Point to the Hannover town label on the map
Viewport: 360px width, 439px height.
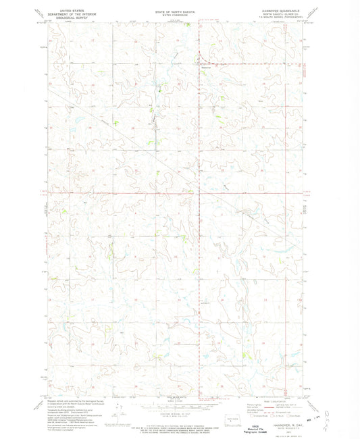click(x=207, y=66)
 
